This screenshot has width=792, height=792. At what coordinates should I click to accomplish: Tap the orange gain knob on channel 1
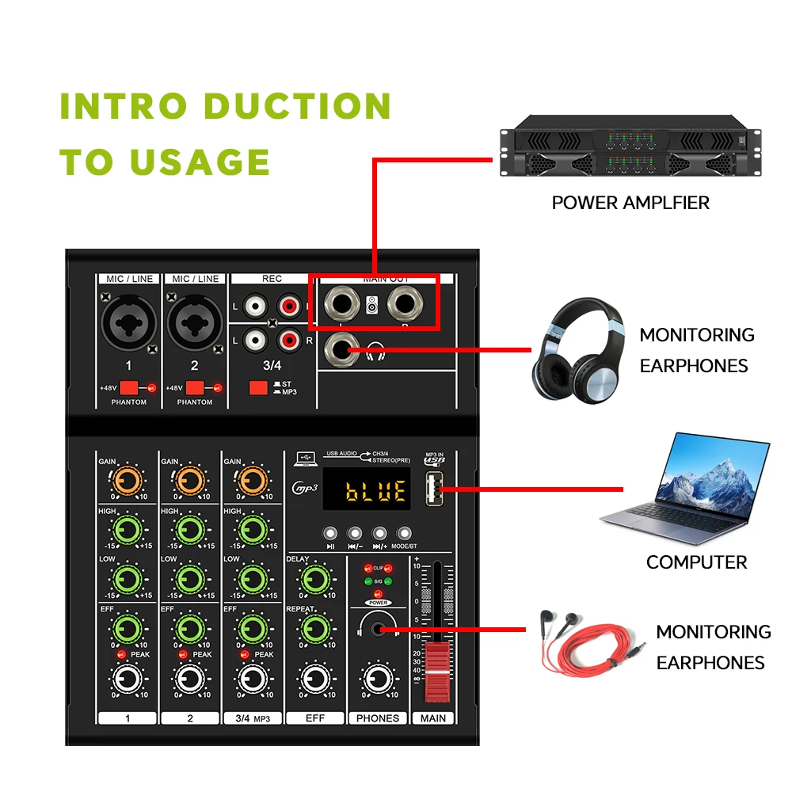127,479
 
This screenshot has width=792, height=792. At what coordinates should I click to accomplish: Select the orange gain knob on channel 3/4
253,479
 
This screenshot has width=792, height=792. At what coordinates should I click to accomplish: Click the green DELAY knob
315,578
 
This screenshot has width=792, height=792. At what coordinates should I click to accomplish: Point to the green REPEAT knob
315,630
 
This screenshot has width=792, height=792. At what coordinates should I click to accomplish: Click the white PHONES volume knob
377,679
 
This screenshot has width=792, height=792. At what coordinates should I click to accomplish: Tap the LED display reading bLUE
377,492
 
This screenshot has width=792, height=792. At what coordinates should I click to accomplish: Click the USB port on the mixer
434,489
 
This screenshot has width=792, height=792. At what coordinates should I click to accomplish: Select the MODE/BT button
405,534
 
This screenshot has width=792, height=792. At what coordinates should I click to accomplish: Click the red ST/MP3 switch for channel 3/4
257,388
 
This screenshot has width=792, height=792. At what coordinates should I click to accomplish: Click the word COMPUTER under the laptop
696,562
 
